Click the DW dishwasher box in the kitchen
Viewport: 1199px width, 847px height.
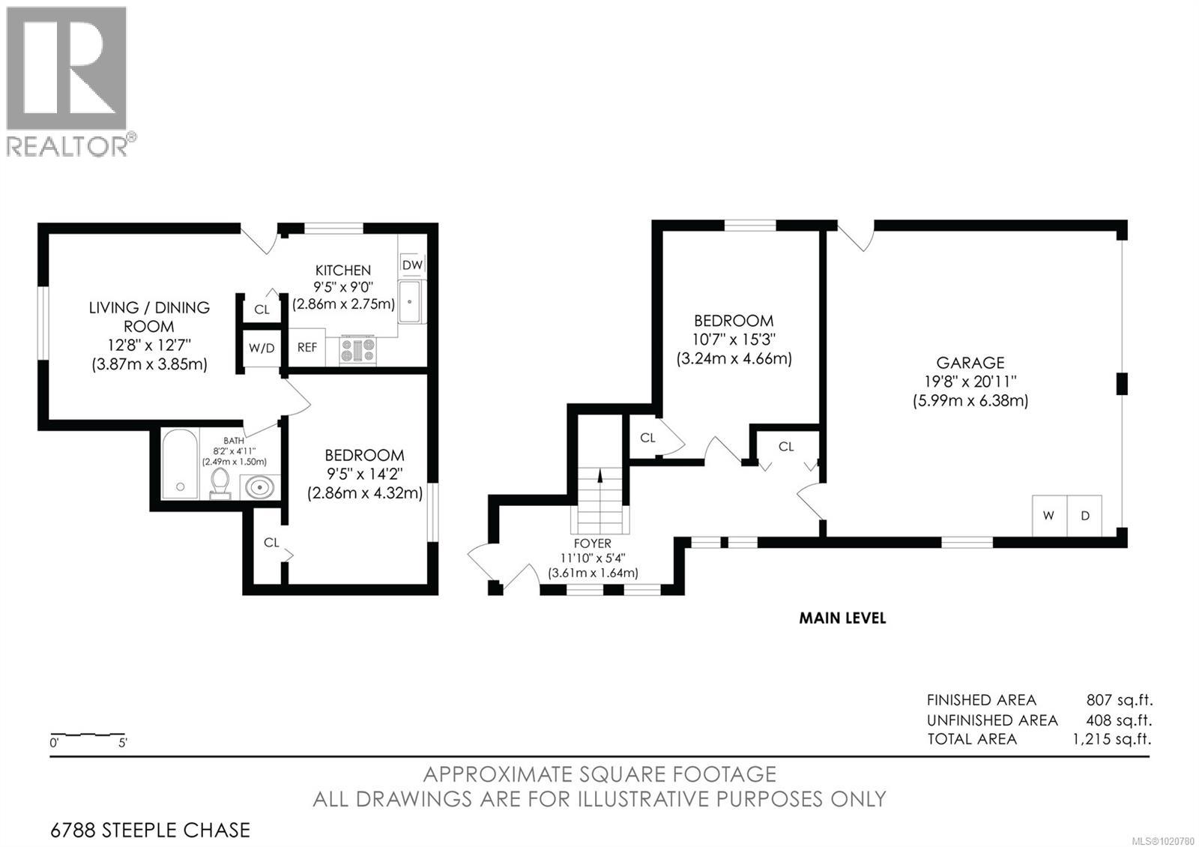click(x=412, y=265)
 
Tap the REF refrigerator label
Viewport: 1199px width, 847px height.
click(x=307, y=348)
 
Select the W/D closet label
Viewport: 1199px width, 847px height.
click(x=262, y=348)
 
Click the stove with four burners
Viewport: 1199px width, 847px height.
click(x=357, y=350)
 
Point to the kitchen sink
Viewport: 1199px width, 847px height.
click(x=410, y=301)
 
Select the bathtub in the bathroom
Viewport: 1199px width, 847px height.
click(x=181, y=463)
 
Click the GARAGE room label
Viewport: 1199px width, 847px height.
click(x=970, y=363)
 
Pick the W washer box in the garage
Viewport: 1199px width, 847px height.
click(x=1049, y=516)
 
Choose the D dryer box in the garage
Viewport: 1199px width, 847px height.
click(x=1084, y=516)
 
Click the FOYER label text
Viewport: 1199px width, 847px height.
click(x=593, y=543)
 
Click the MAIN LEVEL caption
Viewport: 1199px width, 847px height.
click(x=842, y=618)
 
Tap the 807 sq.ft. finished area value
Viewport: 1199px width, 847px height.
click(x=1119, y=700)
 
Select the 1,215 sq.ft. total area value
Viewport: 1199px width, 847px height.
click(x=1111, y=739)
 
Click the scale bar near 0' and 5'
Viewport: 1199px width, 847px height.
click(x=88, y=734)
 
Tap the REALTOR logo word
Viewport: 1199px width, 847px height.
click(x=67, y=146)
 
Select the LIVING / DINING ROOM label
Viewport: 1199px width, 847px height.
click(x=149, y=316)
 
